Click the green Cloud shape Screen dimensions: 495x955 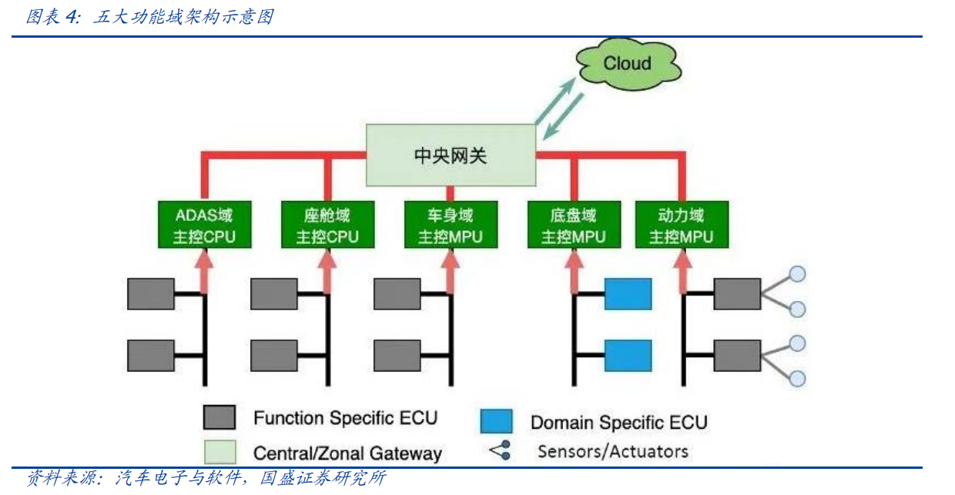click(627, 64)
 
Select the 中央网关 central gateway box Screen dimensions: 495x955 click(451, 155)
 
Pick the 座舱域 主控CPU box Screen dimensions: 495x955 click(327, 225)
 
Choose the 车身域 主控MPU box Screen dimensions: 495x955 click(451, 225)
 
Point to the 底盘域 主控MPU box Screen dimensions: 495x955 click(573, 225)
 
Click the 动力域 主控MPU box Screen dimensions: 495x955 click(681, 225)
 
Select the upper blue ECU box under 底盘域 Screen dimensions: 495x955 click(628, 294)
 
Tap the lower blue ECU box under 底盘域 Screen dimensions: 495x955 click(628, 356)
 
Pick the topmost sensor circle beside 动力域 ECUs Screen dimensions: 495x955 click(798, 274)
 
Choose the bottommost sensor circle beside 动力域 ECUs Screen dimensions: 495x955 click(798, 379)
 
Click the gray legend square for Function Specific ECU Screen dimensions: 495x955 click(219, 417)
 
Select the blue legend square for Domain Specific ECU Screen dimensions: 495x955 click(496, 421)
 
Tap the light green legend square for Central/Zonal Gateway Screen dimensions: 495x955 click(219, 451)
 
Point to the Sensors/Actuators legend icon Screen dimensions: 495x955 click(500, 450)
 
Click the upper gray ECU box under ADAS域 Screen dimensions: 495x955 click(151, 294)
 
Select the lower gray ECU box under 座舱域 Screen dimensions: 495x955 click(274, 356)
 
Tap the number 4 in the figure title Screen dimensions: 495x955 click(72, 17)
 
